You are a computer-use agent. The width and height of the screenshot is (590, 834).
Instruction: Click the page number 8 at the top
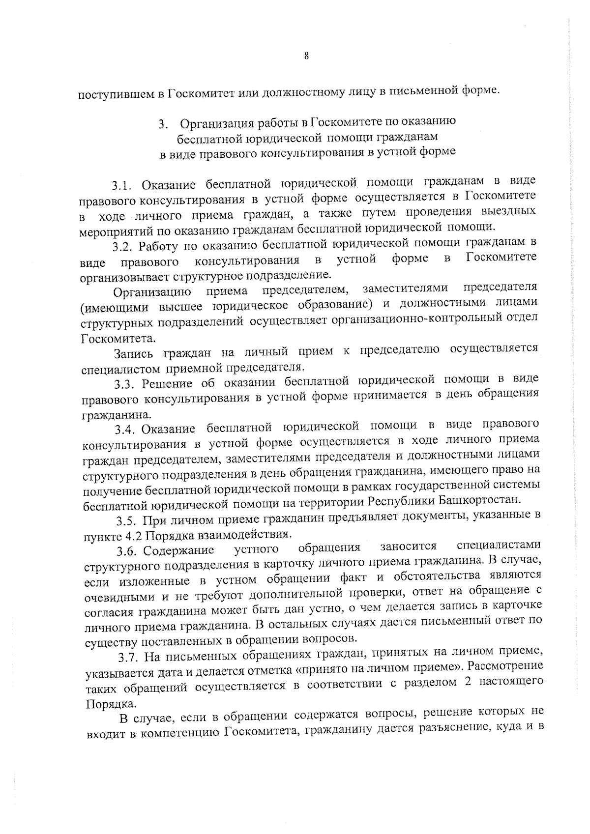coord(306,56)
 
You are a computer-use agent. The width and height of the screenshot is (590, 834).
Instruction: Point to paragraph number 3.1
coord(122,186)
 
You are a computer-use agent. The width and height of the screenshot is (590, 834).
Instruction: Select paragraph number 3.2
coord(123,245)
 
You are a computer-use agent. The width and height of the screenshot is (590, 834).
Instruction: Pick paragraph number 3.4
coord(126,430)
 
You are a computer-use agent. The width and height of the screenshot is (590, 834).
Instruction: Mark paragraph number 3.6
coord(126,549)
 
